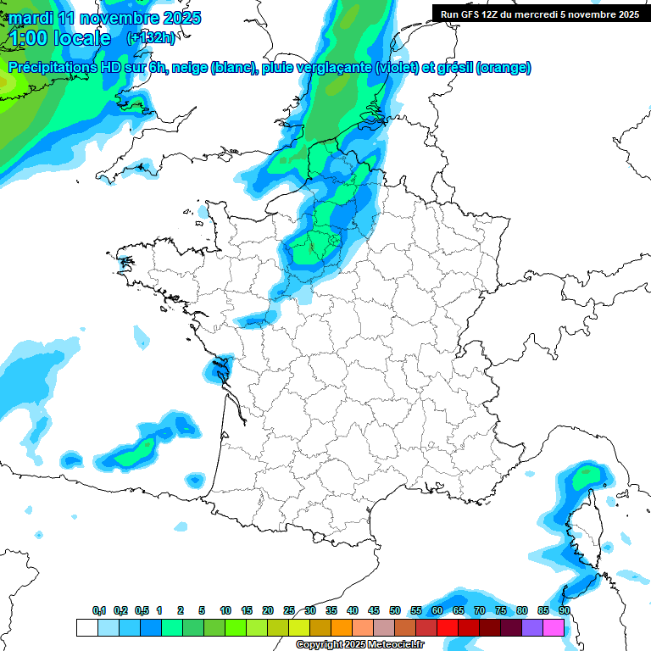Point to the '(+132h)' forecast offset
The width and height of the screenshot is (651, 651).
coord(151,38)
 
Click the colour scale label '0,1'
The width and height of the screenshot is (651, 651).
coord(99,610)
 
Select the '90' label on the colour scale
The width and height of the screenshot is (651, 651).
coord(564,610)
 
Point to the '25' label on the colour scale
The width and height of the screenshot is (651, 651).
coord(289,610)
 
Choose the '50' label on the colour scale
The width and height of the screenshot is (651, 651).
coord(395,610)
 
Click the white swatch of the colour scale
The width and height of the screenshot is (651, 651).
coord(86,627)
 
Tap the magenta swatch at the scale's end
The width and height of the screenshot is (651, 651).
coord(553,627)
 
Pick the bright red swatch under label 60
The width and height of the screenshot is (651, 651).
coord(447,627)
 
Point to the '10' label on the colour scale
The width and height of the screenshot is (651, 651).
coord(225,610)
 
